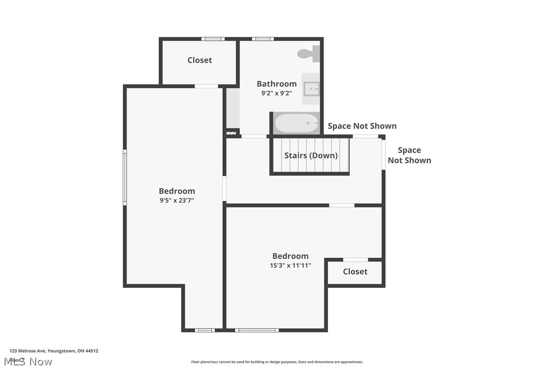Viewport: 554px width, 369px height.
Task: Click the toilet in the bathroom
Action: pos(308,53)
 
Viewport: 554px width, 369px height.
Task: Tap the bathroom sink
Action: pos(311,89)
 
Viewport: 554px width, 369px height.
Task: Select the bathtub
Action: pos(296,123)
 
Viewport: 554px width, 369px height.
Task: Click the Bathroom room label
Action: pos(276,84)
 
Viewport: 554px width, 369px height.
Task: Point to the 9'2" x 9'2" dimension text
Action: pos(276,93)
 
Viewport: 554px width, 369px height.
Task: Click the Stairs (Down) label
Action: pos(311,155)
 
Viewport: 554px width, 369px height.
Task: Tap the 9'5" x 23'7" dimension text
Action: pos(177,200)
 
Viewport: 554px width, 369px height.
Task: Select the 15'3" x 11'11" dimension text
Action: pos(290,265)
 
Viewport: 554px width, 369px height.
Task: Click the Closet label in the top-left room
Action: pos(199,60)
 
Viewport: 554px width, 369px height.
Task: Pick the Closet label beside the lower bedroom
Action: pos(355,272)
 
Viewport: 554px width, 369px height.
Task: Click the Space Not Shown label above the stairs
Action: pos(362,126)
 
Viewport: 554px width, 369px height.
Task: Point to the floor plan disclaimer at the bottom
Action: pos(277,362)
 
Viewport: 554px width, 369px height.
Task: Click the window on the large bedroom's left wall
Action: pos(124,177)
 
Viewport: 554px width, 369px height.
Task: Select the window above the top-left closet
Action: pos(213,39)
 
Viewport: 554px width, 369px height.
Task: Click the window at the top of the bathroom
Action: pos(263,39)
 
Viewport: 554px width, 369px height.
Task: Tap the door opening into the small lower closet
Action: pos(356,260)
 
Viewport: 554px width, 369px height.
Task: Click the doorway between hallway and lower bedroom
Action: pos(341,205)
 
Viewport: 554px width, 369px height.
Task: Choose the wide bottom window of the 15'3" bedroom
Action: pos(257,330)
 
